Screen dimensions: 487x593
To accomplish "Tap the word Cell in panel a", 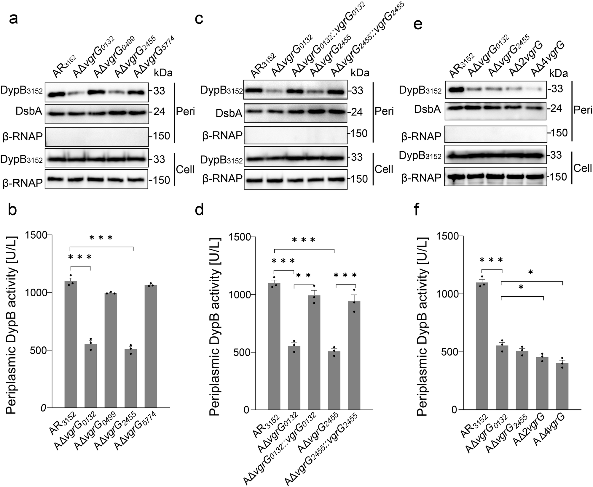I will tap(185, 169).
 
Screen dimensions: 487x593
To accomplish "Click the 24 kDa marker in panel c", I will tap(356, 112).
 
